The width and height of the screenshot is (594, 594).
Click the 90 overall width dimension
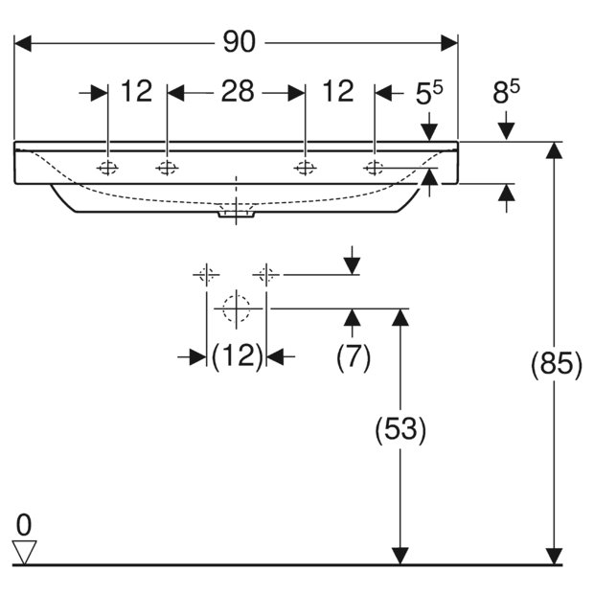coord(240,41)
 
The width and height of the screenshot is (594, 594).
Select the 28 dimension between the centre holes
coord(238,91)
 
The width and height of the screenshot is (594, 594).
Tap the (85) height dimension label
coord(556,365)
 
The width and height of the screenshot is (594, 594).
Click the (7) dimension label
coord(354,357)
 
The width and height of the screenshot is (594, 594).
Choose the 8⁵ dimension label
coord(506,91)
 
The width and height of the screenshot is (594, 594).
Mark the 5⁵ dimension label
coord(429,92)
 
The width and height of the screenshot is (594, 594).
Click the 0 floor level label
coord(24,525)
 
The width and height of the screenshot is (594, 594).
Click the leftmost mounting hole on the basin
coord(107,167)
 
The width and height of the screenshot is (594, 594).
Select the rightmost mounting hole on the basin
coord(374,167)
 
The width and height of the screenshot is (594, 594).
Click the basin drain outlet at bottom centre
coord(236,214)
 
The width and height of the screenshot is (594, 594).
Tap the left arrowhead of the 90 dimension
coord(22,43)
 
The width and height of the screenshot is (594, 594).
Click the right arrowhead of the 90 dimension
coord(449,43)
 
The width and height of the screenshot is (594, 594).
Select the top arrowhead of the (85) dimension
coord(554,150)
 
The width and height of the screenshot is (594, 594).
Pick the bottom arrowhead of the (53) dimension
coord(400,556)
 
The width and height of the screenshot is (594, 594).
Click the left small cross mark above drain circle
coord(206,274)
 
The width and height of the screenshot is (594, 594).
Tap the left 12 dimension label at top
coord(136,91)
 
